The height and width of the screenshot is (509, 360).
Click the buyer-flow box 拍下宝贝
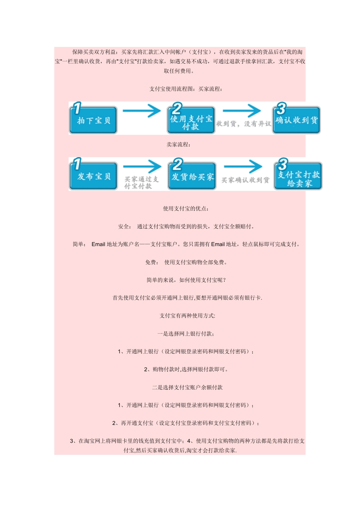93,120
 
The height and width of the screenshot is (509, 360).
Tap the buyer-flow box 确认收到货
296,120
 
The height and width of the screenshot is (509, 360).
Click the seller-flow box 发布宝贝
93,176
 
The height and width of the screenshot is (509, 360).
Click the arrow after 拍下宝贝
142,111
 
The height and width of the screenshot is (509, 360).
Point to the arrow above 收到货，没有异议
242,111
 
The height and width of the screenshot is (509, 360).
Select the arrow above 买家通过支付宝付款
142,167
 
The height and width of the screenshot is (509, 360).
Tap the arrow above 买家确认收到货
243,167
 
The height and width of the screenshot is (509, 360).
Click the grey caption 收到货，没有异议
244,124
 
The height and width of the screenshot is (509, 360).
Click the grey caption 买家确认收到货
245,180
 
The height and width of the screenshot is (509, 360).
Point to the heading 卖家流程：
178,145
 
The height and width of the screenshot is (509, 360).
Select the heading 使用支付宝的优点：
186,209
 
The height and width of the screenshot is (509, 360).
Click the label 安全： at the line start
125,226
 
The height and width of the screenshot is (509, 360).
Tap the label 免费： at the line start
152,262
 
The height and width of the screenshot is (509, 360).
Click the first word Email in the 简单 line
98,244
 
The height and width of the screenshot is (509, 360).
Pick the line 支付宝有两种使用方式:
187,316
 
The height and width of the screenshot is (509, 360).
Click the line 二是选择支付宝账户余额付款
187,387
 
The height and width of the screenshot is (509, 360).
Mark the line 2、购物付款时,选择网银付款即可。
186,370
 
